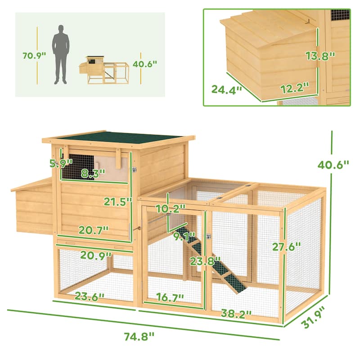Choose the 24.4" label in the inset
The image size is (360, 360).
pyautogui.click(x=227, y=89)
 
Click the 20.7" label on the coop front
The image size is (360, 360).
pyautogui.click(x=93, y=230)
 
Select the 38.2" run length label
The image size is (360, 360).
pyautogui.click(x=235, y=313)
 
